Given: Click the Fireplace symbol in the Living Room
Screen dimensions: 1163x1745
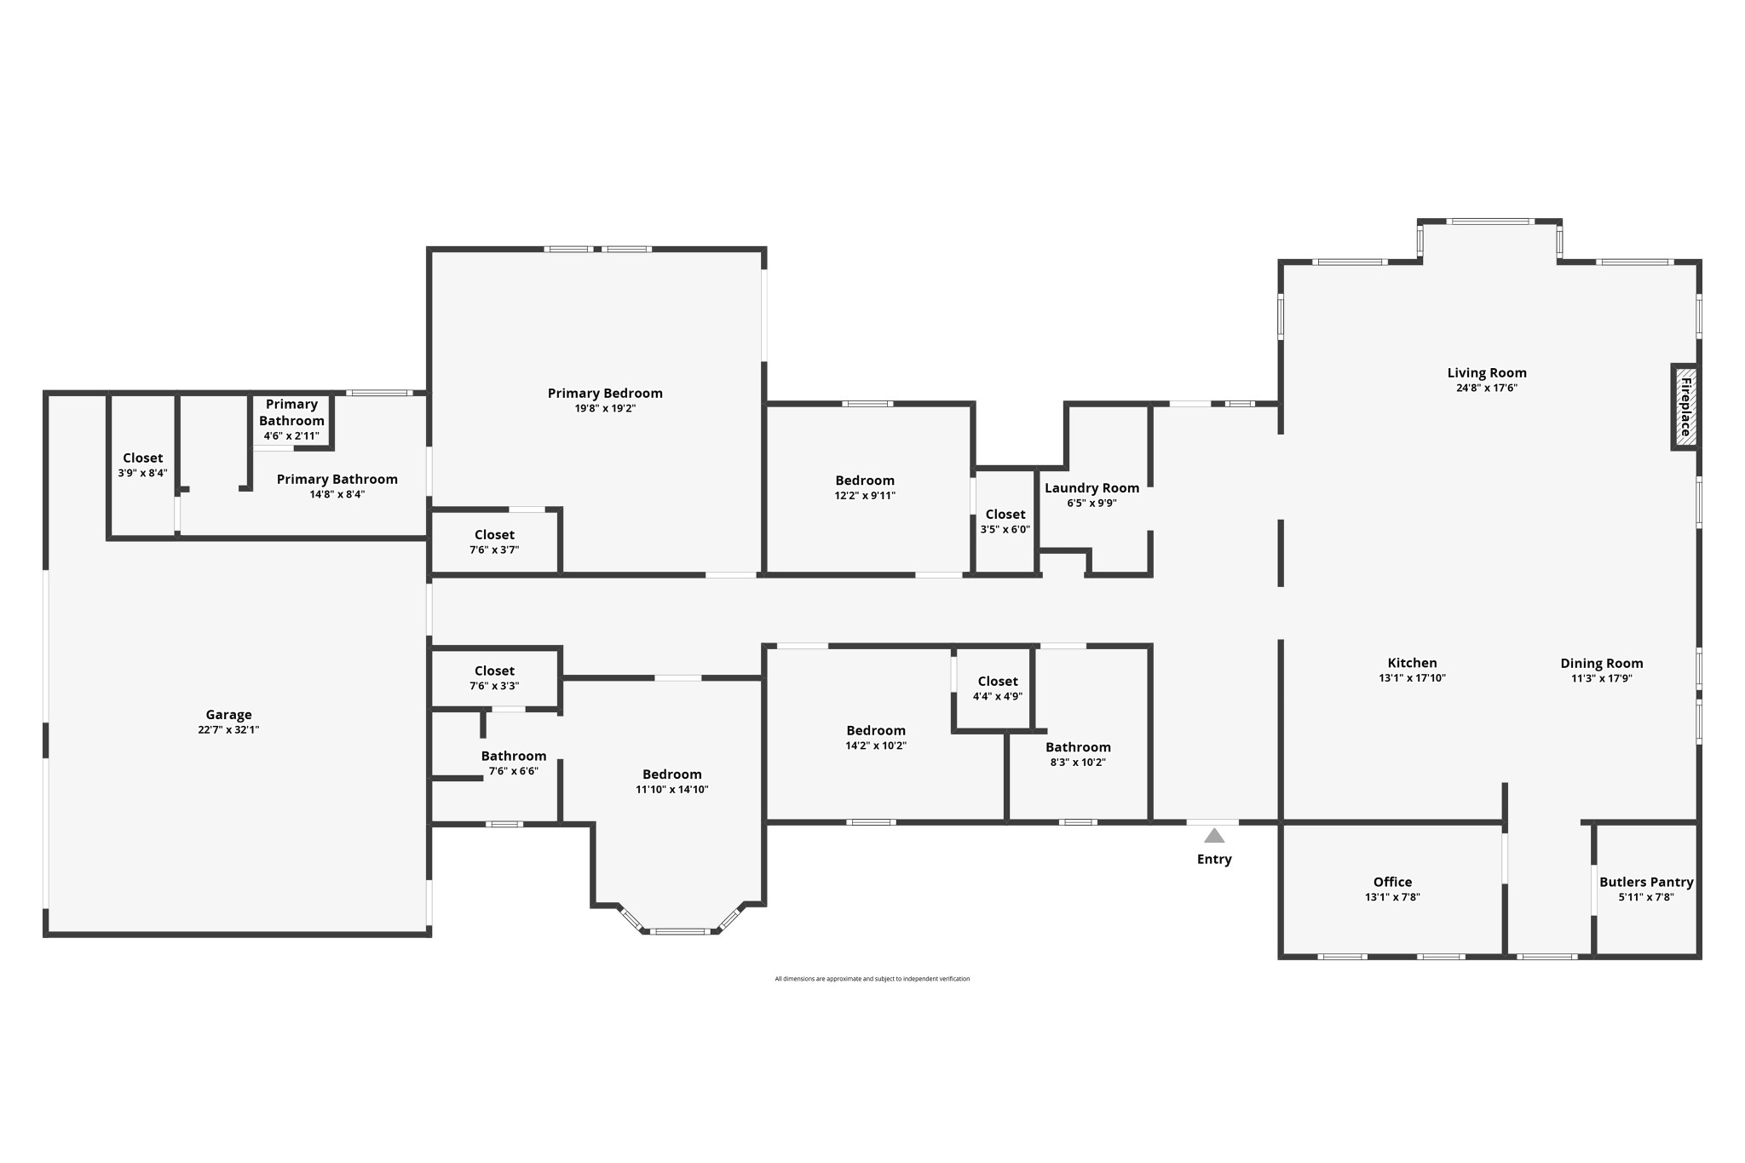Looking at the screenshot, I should (1685, 406).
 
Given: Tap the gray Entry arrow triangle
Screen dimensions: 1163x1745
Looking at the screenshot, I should (1213, 837).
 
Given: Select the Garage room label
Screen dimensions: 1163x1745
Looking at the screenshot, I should (228, 715).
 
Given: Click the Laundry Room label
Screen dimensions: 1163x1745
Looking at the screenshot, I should (1091, 488).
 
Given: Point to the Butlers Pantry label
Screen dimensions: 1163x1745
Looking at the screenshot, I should (1646, 882).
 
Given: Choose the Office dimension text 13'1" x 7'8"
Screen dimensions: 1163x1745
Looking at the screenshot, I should (1392, 897).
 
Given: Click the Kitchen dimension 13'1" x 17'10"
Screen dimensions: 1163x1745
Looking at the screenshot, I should (1412, 678).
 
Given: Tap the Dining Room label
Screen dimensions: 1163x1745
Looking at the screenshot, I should (1601, 663).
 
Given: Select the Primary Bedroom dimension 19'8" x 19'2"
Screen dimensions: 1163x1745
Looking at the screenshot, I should (605, 408).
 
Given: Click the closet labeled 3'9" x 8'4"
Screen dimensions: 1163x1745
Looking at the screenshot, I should (142, 465).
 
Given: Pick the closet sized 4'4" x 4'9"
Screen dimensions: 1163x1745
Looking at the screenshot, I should (997, 688).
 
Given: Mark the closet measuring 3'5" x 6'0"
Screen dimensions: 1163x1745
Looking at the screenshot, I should (1005, 521).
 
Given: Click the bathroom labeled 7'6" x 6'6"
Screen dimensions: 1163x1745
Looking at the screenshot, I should (513, 763).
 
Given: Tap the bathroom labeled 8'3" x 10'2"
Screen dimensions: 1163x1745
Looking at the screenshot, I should (1078, 755).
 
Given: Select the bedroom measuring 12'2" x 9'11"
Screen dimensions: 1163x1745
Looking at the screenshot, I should (865, 487).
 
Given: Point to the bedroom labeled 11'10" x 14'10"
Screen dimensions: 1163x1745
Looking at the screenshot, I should (671, 781).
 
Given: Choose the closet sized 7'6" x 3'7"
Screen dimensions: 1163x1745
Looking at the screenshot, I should (494, 542).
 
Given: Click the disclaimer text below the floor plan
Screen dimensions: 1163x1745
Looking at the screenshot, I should (872, 979).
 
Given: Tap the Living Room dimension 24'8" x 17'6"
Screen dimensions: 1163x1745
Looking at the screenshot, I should (1486, 388).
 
